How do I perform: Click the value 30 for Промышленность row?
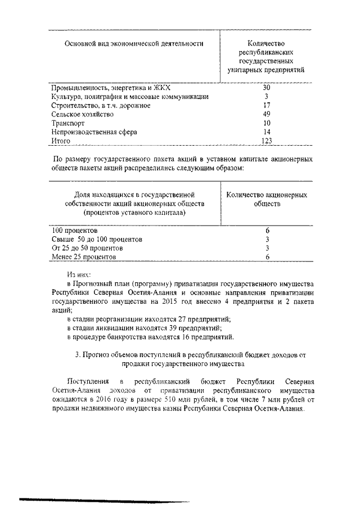coord(267,88)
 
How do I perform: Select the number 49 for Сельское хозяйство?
coord(267,114)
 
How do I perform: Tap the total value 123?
coord(267,140)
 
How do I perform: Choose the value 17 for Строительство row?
coord(267,105)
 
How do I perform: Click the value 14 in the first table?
coord(267,132)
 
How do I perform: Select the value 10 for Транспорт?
coord(267,123)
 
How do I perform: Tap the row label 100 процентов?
coord(75,231)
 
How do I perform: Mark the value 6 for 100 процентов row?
coord(268,231)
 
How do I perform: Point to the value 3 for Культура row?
coord(267,97)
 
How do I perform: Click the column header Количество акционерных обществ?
coord(267,199)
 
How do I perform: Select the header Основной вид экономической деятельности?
coord(133,44)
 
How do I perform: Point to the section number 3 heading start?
coord(77,355)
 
